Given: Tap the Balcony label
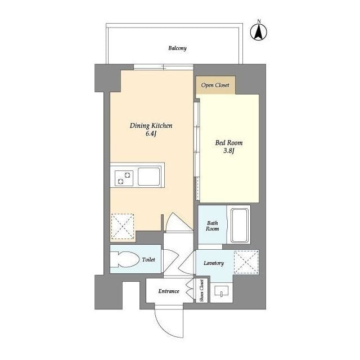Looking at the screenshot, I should click(177, 48).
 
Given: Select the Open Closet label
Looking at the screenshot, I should click(215, 85).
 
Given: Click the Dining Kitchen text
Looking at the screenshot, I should click(151, 126).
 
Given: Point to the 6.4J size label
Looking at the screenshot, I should click(151, 134).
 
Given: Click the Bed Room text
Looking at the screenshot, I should click(228, 143).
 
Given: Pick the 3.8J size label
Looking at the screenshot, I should click(228, 151).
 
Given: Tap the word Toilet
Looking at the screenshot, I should click(148, 260).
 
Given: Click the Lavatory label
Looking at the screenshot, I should click(213, 263).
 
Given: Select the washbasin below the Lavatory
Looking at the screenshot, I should click(221, 292).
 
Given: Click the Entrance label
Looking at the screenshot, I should click(168, 291).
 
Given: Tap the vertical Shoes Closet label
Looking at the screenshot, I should click(201, 291).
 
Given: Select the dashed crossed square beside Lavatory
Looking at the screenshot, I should click(246, 262).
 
